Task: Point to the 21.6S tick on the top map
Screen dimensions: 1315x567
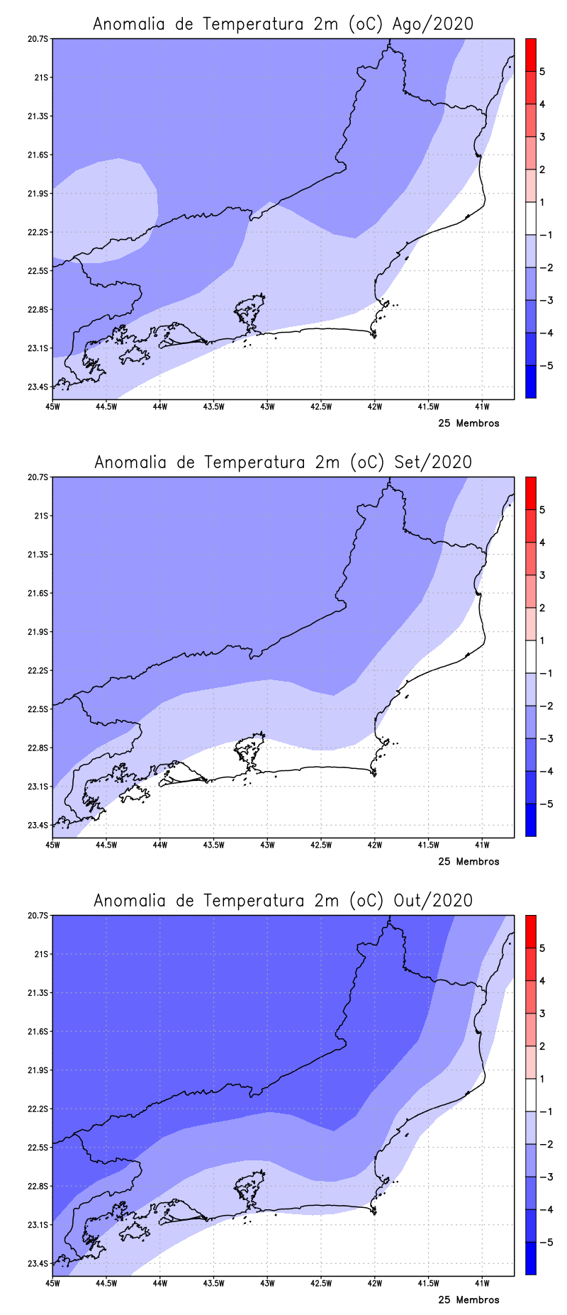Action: [x=40, y=155]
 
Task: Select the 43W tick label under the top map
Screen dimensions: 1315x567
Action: [x=267, y=406]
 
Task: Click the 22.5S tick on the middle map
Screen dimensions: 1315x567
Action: [x=40, y=709]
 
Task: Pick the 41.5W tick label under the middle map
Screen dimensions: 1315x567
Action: [x=428, y=845]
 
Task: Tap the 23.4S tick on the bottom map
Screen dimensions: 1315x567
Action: [x=40, y=1263]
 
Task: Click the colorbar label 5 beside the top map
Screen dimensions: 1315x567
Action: [x=542, y=72]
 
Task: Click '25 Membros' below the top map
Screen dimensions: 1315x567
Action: [x=468, y=423]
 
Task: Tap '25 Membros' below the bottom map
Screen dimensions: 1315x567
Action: [x=468, y=1300]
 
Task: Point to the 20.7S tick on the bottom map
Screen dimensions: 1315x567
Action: [x=40, y=916]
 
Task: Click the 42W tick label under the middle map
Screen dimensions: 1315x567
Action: [x=375, y=845]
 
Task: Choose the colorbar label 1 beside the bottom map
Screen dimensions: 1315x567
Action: [x=542, y=1079]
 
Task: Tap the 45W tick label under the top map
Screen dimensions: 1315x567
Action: [x=52, y=406]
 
